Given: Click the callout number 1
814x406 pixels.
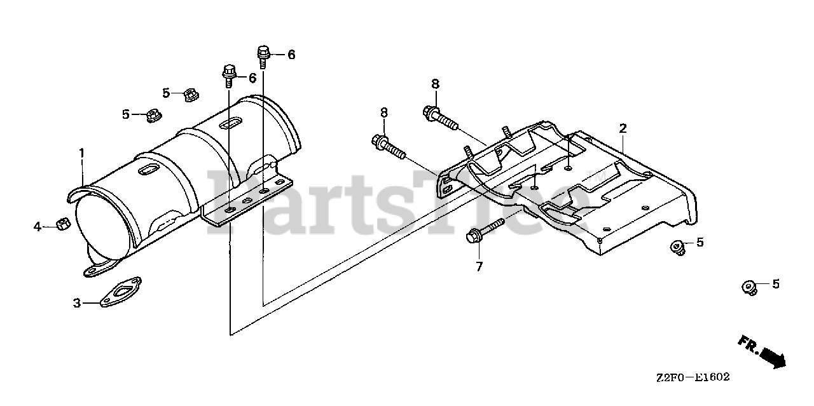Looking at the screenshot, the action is pos(81,152).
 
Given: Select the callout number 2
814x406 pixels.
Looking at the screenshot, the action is pos(623,128).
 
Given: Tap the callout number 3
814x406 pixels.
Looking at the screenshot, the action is pos(77,304).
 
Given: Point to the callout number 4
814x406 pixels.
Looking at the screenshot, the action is pos(38,226).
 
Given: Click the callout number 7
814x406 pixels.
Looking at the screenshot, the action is pos(479,267).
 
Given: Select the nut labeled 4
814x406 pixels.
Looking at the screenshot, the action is pos(62,224).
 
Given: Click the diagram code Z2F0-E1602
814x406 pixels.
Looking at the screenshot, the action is pos(693,377).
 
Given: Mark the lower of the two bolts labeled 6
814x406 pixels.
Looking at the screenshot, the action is pos(230,75).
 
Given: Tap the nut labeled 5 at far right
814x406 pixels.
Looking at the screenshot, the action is pos(750,287).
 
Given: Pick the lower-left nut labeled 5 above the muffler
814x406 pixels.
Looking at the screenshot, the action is pos(153,116).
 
